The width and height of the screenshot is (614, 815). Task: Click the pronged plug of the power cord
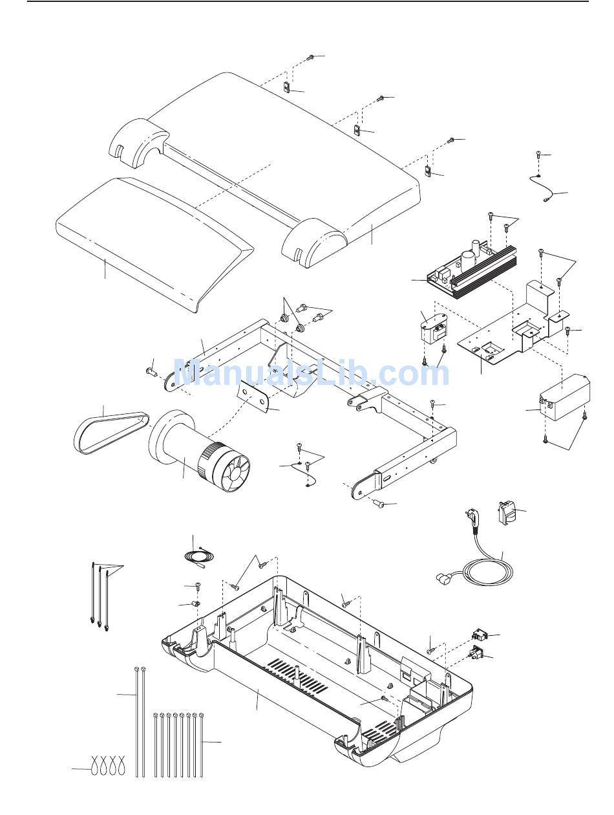[471, 520]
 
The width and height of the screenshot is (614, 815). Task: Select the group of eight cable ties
[178, 744]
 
